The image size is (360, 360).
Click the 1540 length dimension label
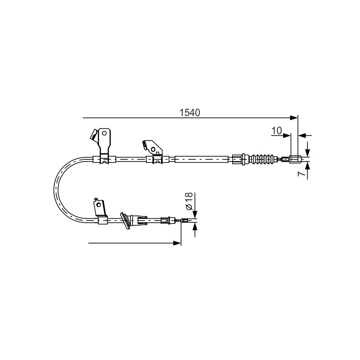(189, 112)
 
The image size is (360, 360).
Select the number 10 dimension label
(277, 130)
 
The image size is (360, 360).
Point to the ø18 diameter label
(189, 201)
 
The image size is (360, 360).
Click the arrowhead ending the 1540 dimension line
(294, 118)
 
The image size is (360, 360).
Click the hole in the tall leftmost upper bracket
(104, 133)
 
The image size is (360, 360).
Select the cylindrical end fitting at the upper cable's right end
(296, 159)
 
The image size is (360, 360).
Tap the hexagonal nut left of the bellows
(237, 159)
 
